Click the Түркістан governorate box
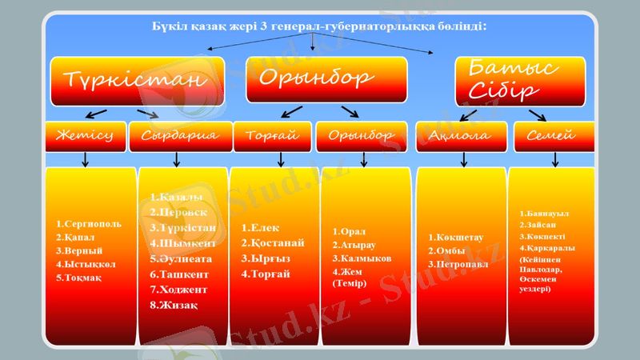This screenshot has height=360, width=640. pos(133,80)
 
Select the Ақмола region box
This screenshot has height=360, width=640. pos(462,136)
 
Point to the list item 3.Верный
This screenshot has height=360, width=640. pos(79,250)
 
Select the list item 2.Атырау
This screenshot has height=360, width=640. pos(354,246)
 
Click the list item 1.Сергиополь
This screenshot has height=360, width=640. pos(89,223)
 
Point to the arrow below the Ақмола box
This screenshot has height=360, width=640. pos(462,159)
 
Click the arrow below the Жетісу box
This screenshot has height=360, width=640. pos(86,159)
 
